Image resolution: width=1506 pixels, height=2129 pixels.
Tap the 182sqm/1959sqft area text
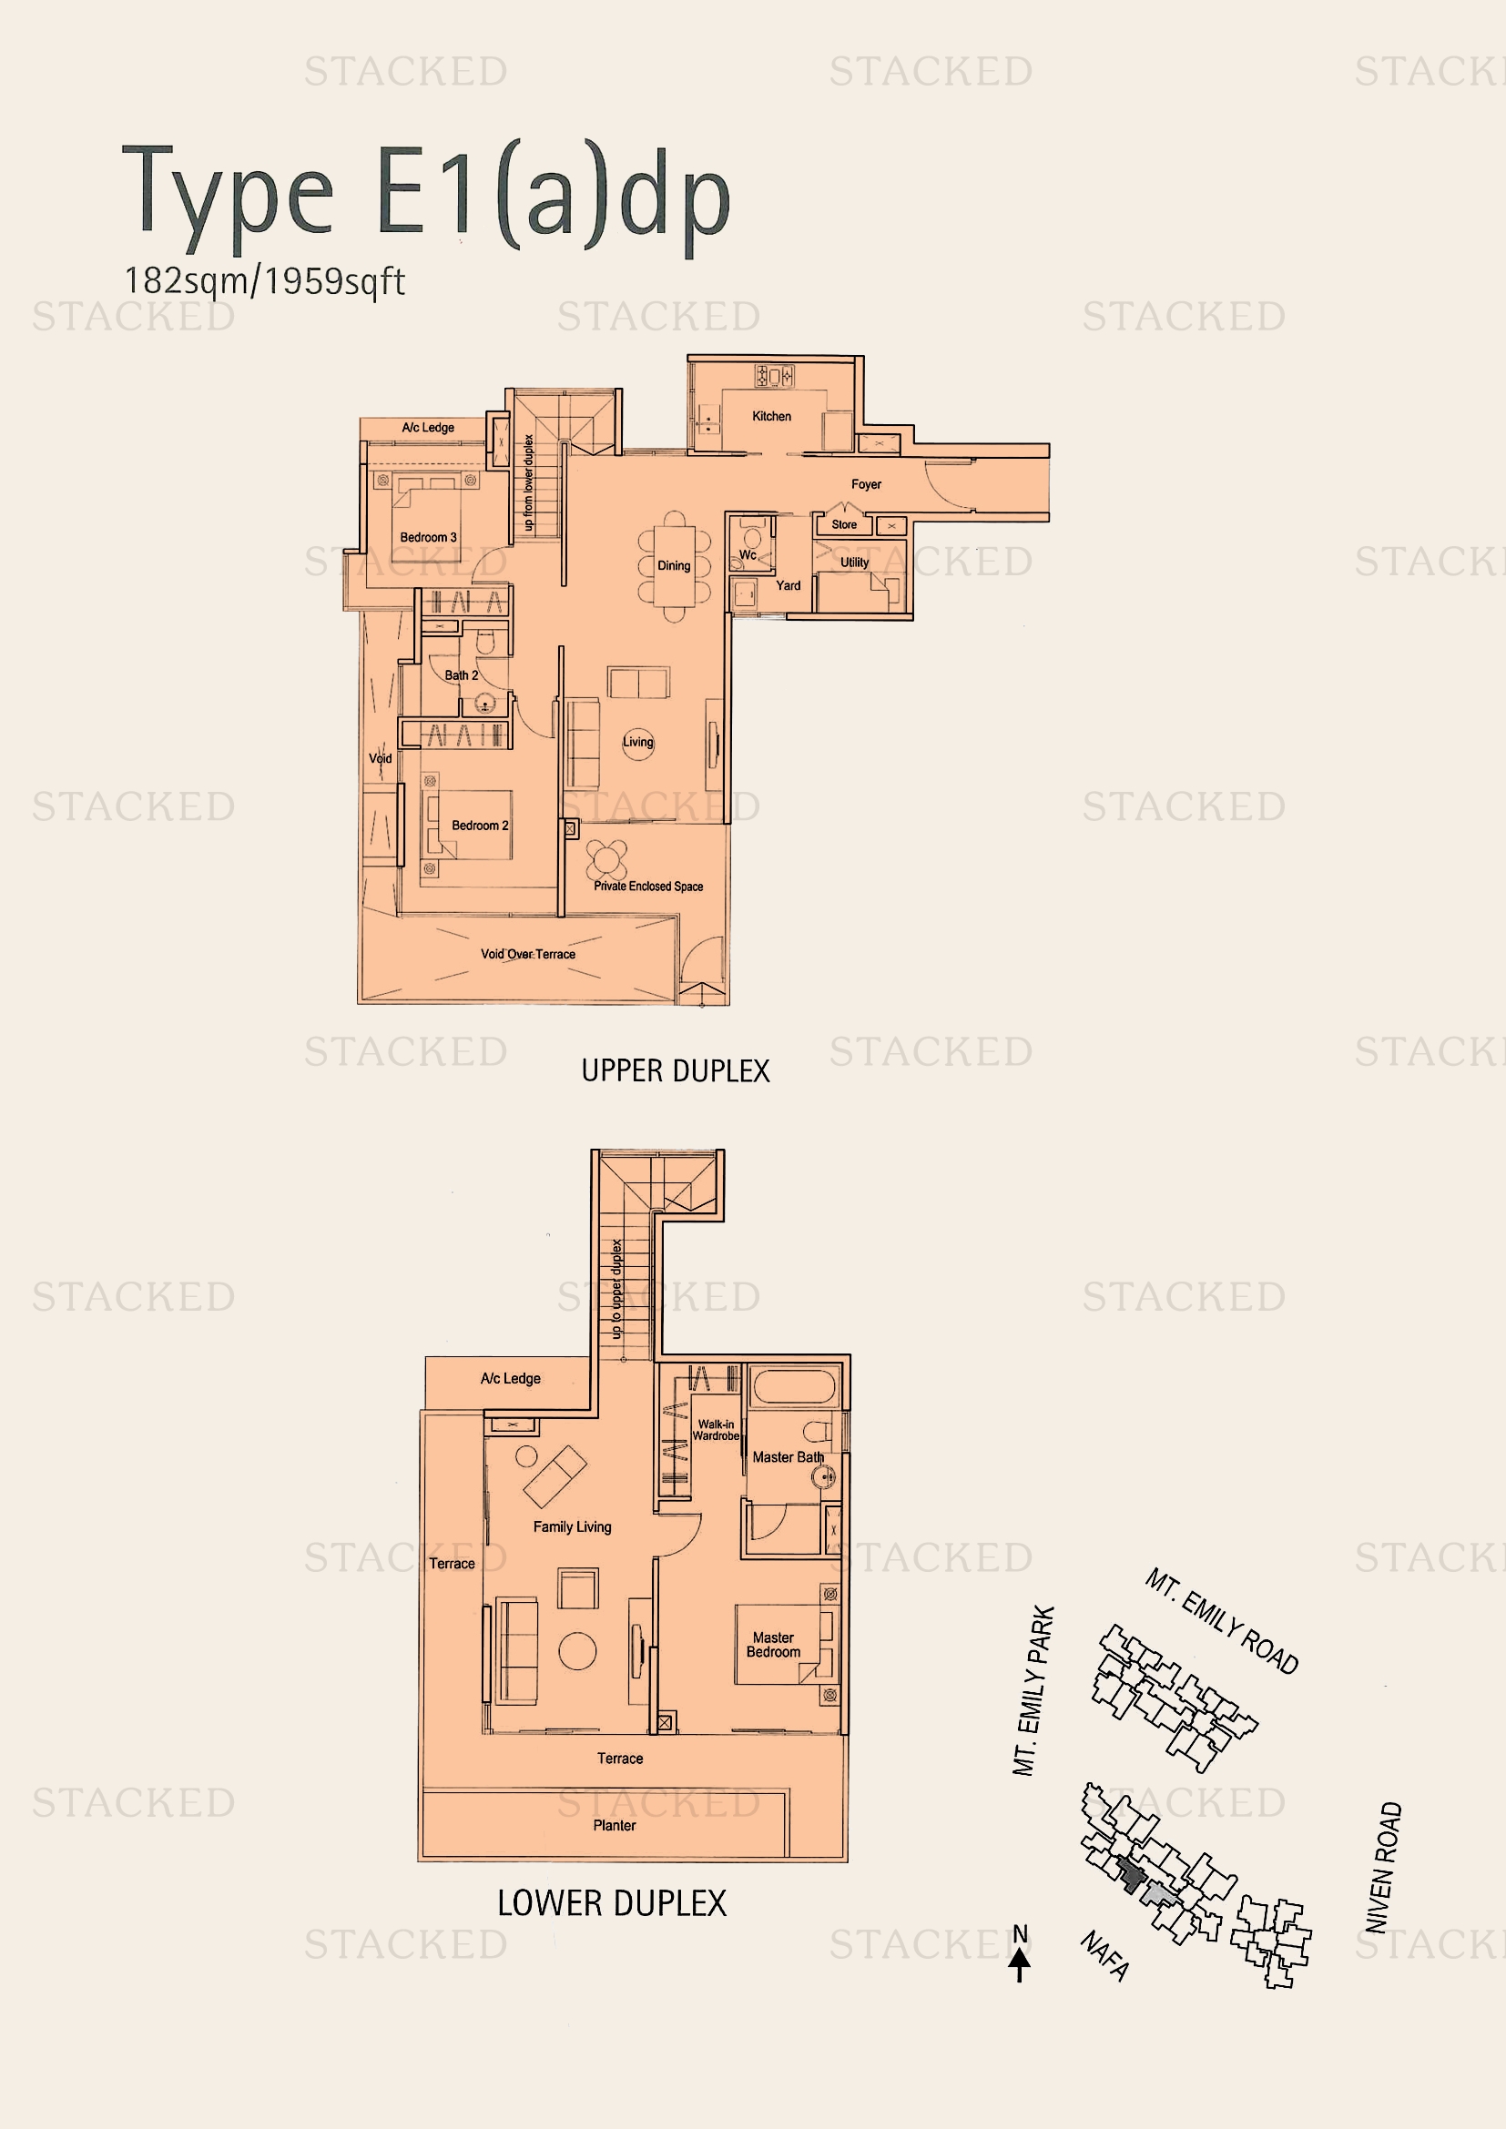click(264, 281)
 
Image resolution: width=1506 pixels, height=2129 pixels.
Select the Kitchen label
click(770, 416)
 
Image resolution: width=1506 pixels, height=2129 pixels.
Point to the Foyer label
click(865, 484)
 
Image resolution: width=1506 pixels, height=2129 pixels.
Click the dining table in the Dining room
click(674, 565)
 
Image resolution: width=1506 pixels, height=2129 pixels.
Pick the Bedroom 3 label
click(428, 537)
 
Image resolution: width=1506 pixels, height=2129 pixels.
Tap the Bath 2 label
click(461, 675)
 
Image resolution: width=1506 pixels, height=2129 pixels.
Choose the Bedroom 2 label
click(480, 826)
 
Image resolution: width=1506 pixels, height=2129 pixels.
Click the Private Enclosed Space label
click(648, 887)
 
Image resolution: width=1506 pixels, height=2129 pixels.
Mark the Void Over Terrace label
click(528, 954)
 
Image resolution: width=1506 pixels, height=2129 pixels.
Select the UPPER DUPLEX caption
click(675, 1071)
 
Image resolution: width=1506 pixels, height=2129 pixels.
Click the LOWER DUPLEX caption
click(612, 1903)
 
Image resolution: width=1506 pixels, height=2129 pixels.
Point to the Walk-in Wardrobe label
click(716, 1430)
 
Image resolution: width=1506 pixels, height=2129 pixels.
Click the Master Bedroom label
click(772, 1645)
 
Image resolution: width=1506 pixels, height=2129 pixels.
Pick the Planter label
click(614, 1825)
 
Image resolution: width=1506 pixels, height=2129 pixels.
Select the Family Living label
click(571, 1526)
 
